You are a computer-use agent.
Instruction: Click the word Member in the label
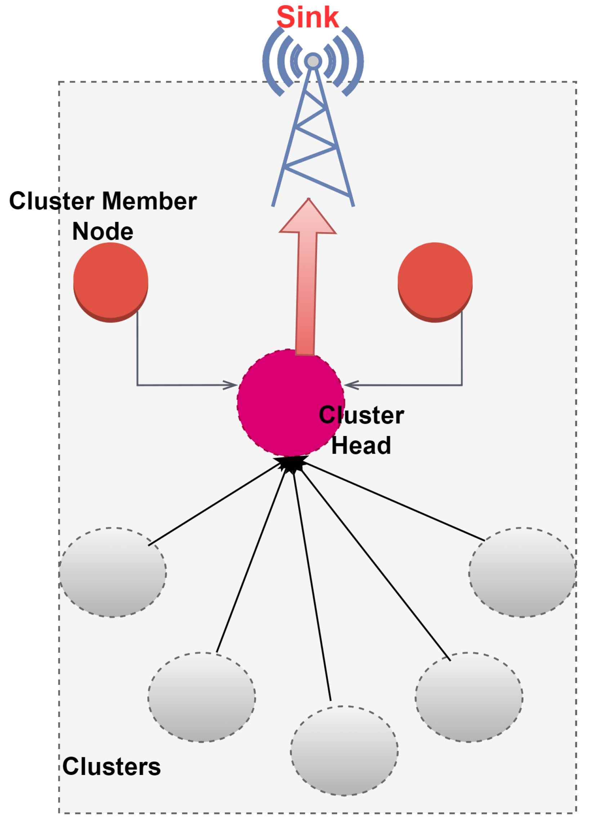pyautogui.click(x=149, y=201)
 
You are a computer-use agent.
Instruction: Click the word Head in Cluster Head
pyautogui.click(x=361, y=446)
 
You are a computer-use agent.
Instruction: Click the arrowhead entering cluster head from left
pyautogui.click(x=231, y=385)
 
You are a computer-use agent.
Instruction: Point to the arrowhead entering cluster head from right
pyautogui.click(x=351, y=385)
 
